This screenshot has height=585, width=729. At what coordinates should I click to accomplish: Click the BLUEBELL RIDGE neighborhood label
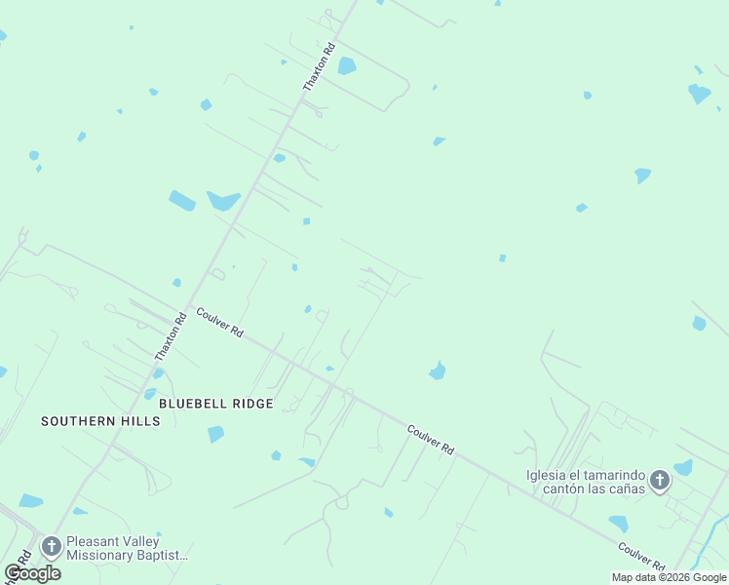[215, 403]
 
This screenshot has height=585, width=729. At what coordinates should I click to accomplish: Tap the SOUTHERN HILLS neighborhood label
[100, 421]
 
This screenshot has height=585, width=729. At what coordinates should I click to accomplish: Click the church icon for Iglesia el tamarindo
[660, 480]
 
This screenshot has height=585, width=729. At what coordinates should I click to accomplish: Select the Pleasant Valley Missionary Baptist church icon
[51, 547]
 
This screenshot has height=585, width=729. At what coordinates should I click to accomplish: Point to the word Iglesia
[546, 475]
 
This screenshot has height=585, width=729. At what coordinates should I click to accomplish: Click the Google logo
[32, 572]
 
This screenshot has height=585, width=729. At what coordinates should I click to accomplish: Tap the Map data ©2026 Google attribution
[669, 577]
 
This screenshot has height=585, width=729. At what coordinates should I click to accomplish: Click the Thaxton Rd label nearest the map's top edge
[319, 67]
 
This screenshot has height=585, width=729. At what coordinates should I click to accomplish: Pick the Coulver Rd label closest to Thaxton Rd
[219, 322]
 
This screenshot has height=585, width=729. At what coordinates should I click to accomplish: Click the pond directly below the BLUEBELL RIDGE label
[215, 434]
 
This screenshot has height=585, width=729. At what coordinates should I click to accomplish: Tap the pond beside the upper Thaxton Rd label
[346, 66]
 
